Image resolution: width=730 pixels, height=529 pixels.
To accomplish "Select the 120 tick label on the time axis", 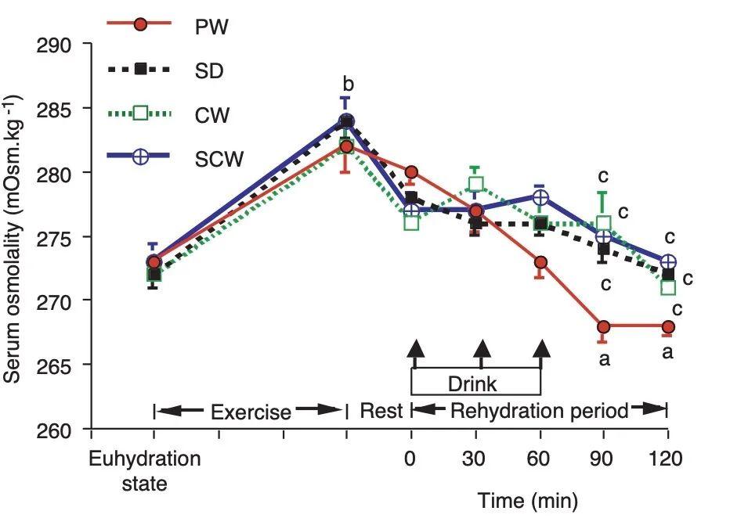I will [x=667, y=459].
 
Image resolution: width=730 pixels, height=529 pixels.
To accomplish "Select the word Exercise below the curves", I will [x=250, y=412].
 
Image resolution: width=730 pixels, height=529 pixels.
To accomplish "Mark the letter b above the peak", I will [x=348, y=84].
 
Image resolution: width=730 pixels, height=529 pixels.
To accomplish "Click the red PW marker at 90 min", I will [x=603, y=326].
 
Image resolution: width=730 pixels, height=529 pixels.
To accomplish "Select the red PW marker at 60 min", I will [x=540, y=262].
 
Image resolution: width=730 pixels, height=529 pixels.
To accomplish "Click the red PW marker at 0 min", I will [x=411, y=172].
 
